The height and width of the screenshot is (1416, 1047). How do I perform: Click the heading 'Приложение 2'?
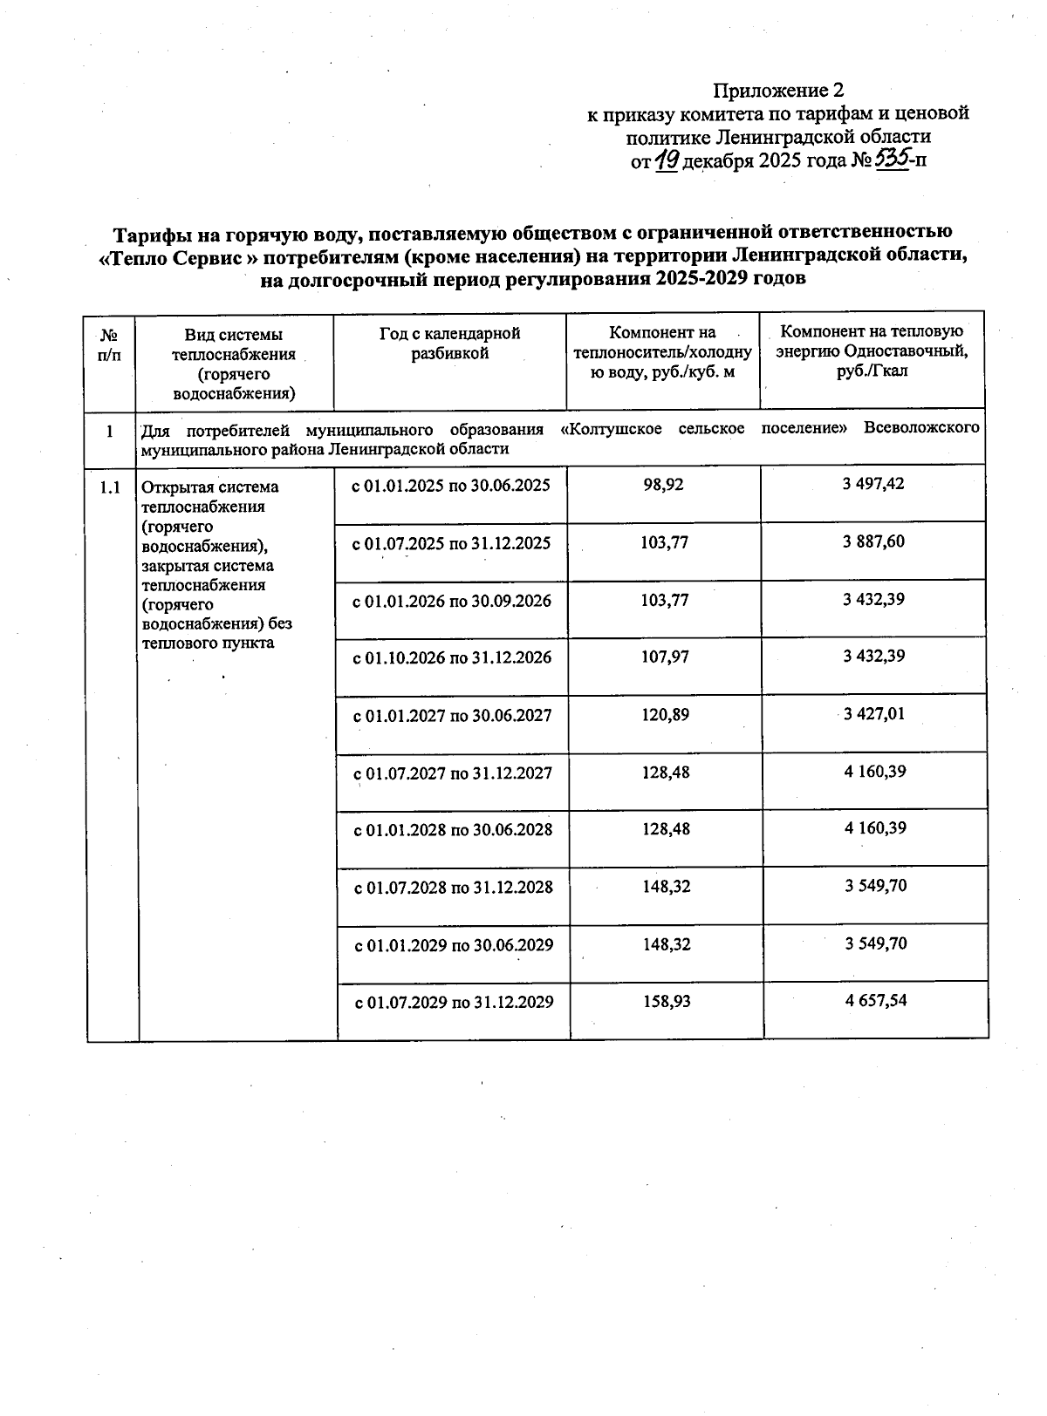778,91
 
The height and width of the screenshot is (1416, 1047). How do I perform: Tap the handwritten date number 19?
667,160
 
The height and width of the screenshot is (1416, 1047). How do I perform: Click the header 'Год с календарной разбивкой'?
449,344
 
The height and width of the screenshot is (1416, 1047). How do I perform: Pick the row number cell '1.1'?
110,487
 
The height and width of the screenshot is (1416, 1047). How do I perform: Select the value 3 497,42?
873,484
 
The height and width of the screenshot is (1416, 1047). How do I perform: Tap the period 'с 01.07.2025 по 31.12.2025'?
451,543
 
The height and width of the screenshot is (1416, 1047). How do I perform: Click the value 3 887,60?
873,541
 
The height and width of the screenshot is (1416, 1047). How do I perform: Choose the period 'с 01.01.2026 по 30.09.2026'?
452,601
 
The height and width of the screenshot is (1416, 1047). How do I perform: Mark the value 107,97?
665,657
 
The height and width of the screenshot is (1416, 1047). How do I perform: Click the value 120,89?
665,715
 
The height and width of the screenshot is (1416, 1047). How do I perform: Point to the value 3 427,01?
874,714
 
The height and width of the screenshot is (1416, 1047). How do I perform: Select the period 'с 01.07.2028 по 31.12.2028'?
453,888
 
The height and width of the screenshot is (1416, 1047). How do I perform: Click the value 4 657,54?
875,1000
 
